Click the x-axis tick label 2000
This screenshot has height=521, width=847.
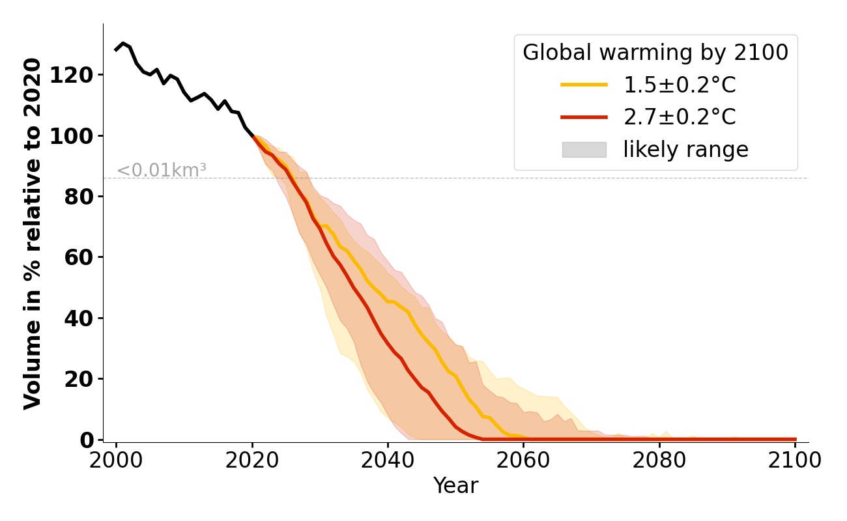coord(116,460)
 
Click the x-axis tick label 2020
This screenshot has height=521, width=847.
coord(252,460)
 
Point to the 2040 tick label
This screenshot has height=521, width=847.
coord(388,460)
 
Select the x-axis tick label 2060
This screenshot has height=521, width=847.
coord(523,460)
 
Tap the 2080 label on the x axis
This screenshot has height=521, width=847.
coord(659,460)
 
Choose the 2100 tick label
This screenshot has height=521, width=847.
coord(794,460)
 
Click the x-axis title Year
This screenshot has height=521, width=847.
coord(455,486)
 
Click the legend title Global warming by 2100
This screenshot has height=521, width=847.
coord(655,53)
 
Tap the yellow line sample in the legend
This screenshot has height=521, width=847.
coord(584,85)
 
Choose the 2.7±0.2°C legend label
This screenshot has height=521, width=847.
coord(680,117)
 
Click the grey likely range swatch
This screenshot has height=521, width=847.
coord(584,150)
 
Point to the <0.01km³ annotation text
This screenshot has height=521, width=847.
coord(162,171)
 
